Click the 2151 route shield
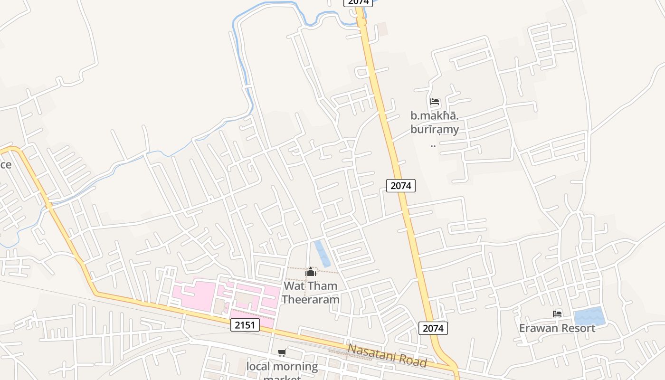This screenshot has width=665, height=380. tap(246, 325)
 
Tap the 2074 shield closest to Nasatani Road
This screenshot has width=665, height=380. tap(433, 328)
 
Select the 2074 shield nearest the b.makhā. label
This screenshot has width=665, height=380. tap(401, 185)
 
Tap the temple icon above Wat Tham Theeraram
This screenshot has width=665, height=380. tap(311, 272)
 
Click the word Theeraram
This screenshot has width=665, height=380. tap(311, 299)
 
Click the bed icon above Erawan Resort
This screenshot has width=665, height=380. tap(557, 314)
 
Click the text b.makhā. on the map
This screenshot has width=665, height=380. tap(435, 115)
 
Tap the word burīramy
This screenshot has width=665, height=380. tap(435, 129)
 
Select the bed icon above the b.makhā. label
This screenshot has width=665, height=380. tap(435, 102)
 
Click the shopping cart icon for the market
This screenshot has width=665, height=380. tap(282, 352)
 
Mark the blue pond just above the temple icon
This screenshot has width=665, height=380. tap(322, 253)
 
